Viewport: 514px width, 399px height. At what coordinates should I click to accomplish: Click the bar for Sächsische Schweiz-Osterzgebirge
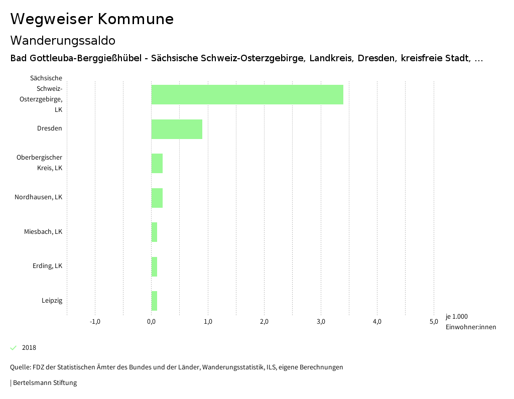tap(247, 94)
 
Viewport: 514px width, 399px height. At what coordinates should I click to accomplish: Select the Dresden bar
tap(177, 129)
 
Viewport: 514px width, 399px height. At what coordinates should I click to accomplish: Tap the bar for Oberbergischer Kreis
tap(157, 163)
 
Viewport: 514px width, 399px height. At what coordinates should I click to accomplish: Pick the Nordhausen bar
tap(157, 198)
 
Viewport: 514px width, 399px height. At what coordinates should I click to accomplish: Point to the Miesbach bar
tap(154, 232)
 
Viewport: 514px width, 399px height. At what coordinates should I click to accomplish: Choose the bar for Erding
tap(154, 267)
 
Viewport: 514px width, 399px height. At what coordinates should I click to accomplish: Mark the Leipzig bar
tap(154, 301)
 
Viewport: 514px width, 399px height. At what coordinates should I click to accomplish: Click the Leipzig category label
tap(52, 301)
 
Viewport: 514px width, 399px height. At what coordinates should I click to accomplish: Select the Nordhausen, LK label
tap(38, 197)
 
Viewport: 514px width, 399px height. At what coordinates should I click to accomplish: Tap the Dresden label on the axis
tap(49, 128)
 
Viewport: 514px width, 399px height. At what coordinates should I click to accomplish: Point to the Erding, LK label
tap(47, 266)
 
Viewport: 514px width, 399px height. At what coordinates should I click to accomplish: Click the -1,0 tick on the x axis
tap(95, 322)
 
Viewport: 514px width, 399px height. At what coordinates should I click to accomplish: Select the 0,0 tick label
tap(151, 322)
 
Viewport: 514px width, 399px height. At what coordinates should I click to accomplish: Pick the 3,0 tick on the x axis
tap(321, 322)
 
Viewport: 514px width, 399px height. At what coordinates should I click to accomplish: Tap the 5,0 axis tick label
tap(434, 322)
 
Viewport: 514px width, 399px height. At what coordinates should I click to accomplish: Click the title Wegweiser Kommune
tap(92, 19)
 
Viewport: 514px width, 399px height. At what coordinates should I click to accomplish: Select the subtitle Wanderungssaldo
tap(63, 40)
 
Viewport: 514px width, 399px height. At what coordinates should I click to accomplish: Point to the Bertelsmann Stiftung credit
tap(44, 383)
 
